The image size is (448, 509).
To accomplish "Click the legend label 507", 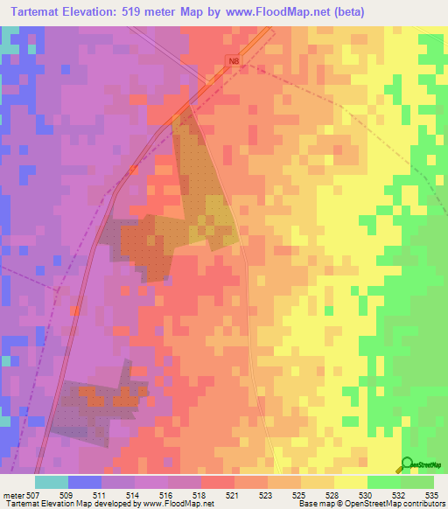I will pyautogui.click(x=35, y=494).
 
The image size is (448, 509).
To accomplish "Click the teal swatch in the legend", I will pyautogui.click(x=52, y=482).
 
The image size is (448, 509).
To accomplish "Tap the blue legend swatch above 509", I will pyautogui.click(x=85, y=482).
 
